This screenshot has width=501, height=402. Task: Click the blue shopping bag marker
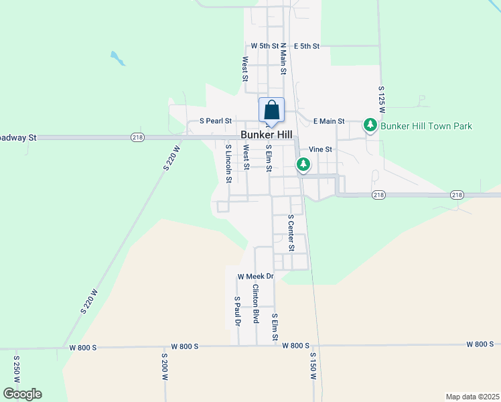(271, 110)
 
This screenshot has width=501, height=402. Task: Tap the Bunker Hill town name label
(267, 135)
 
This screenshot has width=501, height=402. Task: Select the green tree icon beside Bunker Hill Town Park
(370, 125)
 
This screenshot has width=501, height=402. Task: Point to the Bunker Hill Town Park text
(426, 126)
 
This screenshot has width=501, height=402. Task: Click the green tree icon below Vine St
(303, 164)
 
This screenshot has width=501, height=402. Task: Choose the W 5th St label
(264, 46)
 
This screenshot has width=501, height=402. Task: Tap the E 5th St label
(307, 46)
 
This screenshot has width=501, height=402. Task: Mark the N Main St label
(283, 58)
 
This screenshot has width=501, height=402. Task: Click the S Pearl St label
(216, 121)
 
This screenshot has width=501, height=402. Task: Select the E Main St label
(329, 121)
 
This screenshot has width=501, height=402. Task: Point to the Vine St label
(320, 149)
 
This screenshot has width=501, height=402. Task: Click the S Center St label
(291, 232)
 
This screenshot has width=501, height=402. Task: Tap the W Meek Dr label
(256, 276)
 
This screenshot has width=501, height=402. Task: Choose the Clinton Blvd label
(255, 304)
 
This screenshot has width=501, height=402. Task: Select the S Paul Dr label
(237, 311)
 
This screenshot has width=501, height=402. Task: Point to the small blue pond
(118, 58)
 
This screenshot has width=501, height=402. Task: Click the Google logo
(22, 394)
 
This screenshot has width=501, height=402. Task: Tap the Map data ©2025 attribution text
(472, 397)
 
